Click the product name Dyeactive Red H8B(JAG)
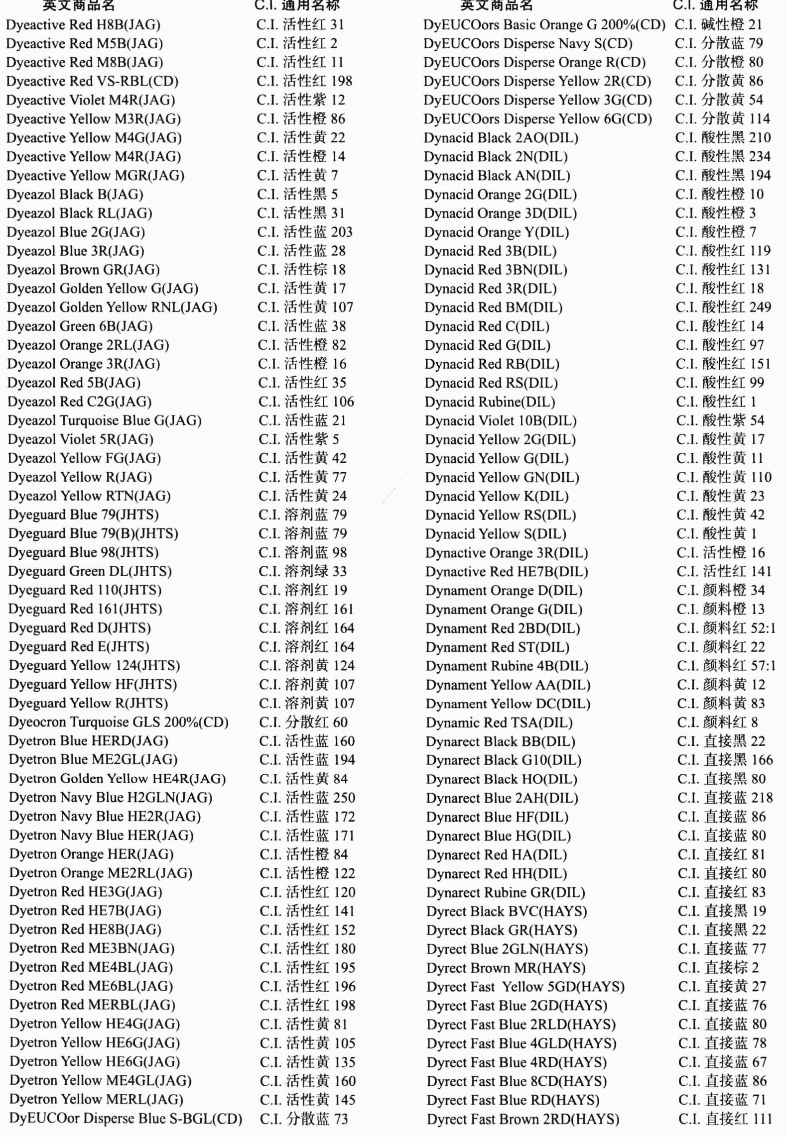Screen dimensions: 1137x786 [83, 25]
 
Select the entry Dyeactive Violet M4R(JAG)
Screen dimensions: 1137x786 [91, 100]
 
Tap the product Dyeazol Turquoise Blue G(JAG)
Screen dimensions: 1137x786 [105, 420]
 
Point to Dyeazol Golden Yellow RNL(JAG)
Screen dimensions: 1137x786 [112, 308]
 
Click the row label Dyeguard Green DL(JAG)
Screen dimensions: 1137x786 [90, 571]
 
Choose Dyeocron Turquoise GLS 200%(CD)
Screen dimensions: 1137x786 [119, 722]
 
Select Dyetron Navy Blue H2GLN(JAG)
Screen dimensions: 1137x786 [111, 798]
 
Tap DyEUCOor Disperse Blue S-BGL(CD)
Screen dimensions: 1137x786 [126, 1119]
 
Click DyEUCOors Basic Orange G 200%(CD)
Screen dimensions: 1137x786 [544, 25]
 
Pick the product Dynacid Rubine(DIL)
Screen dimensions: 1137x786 [490, 402]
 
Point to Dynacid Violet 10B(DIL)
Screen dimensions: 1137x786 [501, 420]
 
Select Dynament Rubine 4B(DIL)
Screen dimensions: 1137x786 [507, 666]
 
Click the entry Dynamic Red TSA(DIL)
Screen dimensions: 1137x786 [499, 723]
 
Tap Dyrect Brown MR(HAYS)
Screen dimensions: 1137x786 [506, 968]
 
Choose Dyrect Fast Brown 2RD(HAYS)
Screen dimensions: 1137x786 [523, 1119]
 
